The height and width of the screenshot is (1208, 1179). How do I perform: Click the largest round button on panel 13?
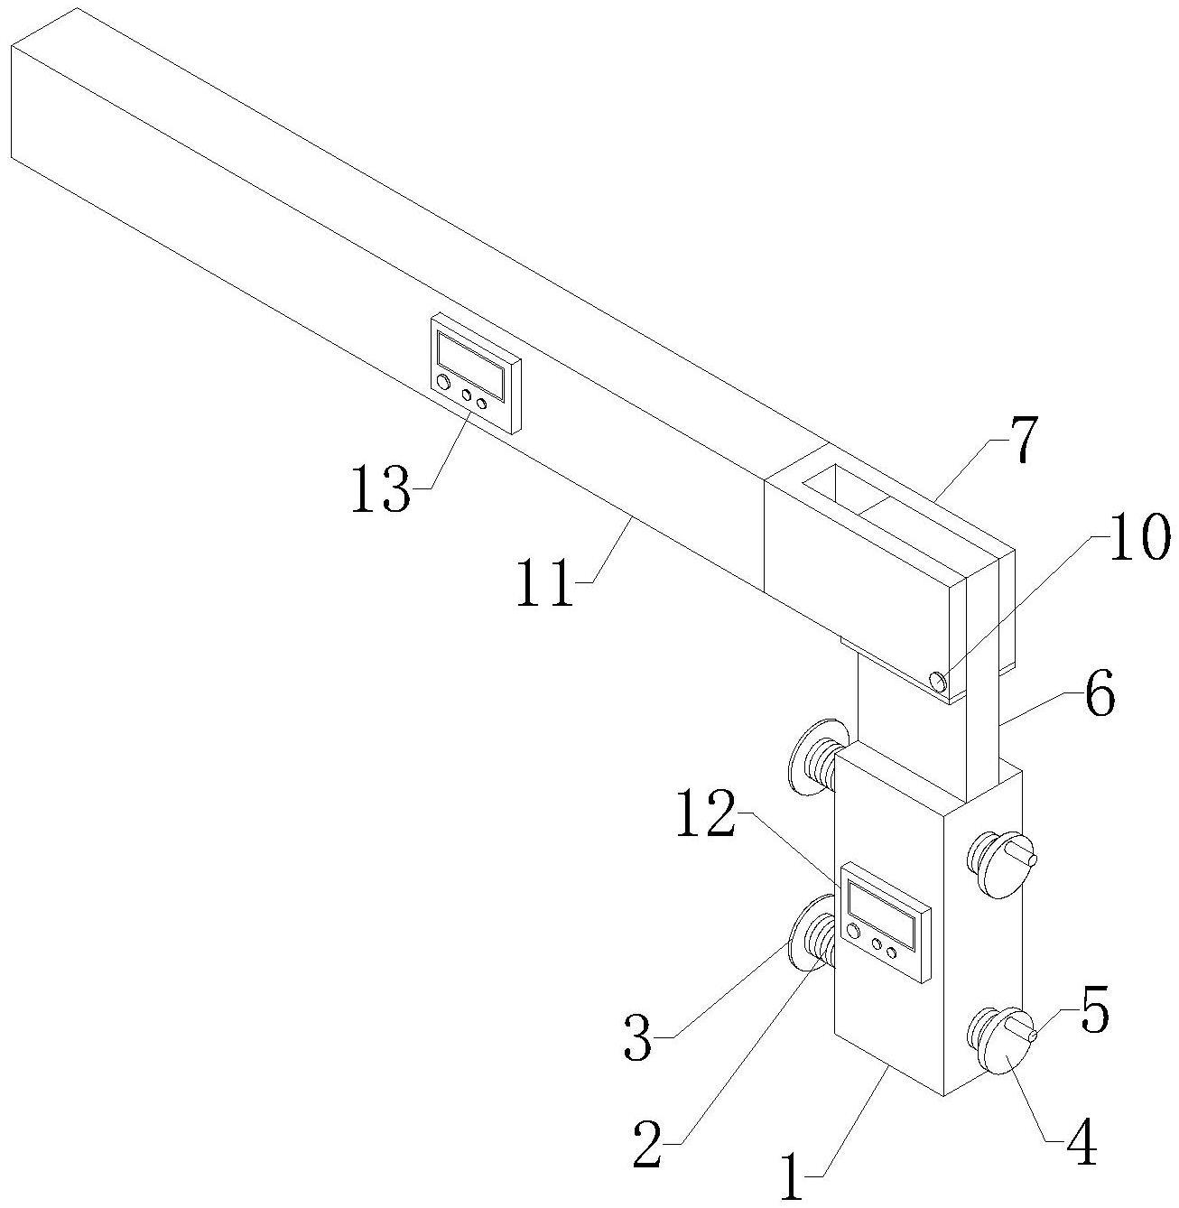tap(442, 383)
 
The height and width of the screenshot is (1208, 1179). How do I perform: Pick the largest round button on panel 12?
tap(852, 931)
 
